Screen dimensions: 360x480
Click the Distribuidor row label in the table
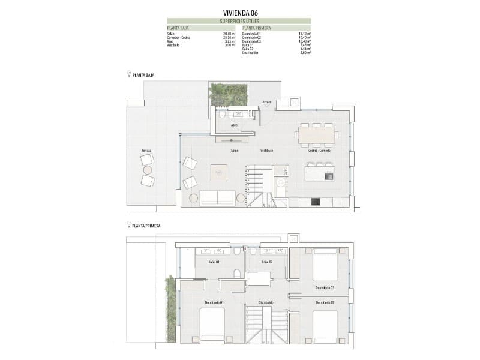click(x=250, y=53)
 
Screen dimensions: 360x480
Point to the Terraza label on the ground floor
click(x=146, y=150)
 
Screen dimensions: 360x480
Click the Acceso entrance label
click(x=267, y=102)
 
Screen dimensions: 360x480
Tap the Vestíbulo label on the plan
click(x=266, y=151)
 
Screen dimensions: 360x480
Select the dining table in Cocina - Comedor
click(x=317, y=135)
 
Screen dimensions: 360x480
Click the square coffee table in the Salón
click(x=219, y=173)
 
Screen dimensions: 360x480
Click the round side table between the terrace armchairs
click(x=147, y=170)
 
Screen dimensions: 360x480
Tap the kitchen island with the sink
click(x=319, y=173)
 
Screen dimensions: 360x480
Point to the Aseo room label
click(x=235, y=125)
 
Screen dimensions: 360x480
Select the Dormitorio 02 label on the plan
click(x=325, y=302)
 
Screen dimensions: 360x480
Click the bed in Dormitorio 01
click(x=212, y=328)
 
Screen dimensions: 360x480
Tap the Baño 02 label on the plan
click(x=267, y=263)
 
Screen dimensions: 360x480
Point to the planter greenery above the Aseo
click(x=228, y=95)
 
